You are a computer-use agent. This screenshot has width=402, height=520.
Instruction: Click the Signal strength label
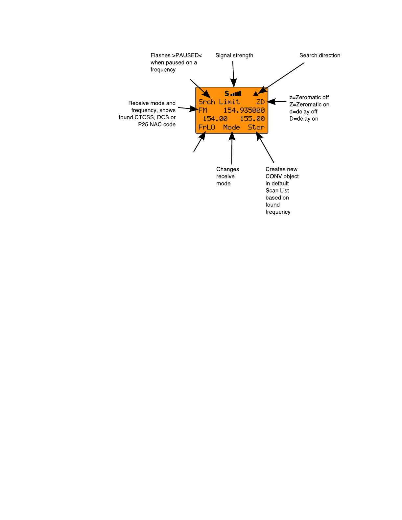click(234, 56)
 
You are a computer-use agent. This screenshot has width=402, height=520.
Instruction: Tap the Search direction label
click(319, 56)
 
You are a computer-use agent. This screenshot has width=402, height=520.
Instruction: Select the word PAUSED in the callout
click(187, 56)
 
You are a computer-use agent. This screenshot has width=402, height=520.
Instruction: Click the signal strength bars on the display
click(236, 94)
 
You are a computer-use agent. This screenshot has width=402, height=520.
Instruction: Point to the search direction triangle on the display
click(256, 94)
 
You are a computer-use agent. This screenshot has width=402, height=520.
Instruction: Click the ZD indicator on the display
click(260, 102)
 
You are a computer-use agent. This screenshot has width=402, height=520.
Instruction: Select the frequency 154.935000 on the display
click(244, 110)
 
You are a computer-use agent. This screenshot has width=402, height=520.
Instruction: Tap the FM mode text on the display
click(203, 110)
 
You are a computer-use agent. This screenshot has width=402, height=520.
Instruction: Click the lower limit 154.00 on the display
click(215, 119)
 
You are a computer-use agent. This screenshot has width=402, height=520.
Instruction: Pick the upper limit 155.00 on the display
click(252, 119)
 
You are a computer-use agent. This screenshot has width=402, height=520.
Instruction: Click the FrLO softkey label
click(207, 127)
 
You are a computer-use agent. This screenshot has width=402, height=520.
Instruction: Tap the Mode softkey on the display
click(231, 127)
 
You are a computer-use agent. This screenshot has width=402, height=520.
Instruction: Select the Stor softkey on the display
click(256, 127)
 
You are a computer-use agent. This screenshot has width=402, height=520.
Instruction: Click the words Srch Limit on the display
click(219, 102)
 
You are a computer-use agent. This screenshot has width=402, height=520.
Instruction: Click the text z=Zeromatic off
click(309, 98)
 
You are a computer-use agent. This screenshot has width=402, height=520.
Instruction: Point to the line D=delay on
click(304, 119)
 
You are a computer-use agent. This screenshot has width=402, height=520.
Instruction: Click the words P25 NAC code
click(157, 125)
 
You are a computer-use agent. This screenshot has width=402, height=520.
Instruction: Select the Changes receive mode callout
click(227, 177)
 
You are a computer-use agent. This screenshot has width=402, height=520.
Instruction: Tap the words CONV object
click(282, 177)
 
